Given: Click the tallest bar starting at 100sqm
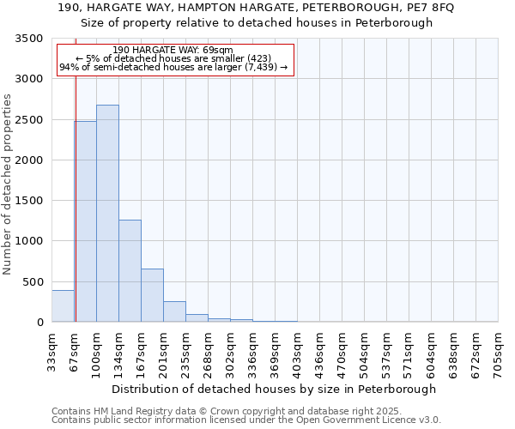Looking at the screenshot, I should pyautogui.click(x=107, y=214).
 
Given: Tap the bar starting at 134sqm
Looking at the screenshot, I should pyautogui.click(x=130, y=271).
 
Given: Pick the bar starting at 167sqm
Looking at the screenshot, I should pyautogui.click(x=152, y=295).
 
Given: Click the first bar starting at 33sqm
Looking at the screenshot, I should pyautogui.click(x=63, y=306).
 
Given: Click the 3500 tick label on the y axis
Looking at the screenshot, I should pyautogui.click(x=29, y=39).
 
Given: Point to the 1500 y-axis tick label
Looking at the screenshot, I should pyautogui.click(x=29, y=201).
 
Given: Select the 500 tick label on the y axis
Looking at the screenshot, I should pyautogui.click(x=33, y=282).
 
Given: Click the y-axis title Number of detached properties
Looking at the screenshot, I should pyautogui.click(x=8, y=185).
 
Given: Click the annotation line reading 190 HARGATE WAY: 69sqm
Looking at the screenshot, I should pyautogui.click(x=173, y=51).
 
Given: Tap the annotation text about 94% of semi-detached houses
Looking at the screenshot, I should pyautogui.click(x=173, y=68).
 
